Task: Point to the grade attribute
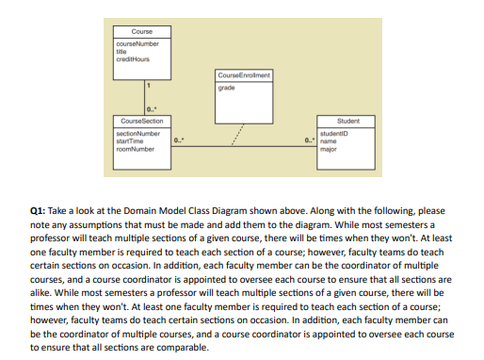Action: (x=226, y=87)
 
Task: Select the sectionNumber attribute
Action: (x=137, y=135)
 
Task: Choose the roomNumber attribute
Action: (x=134, y=148)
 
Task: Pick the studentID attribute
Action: (x=335, y=135)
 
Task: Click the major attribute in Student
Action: (x=329, y=148)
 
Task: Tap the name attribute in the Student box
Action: (x=329, y=141)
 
